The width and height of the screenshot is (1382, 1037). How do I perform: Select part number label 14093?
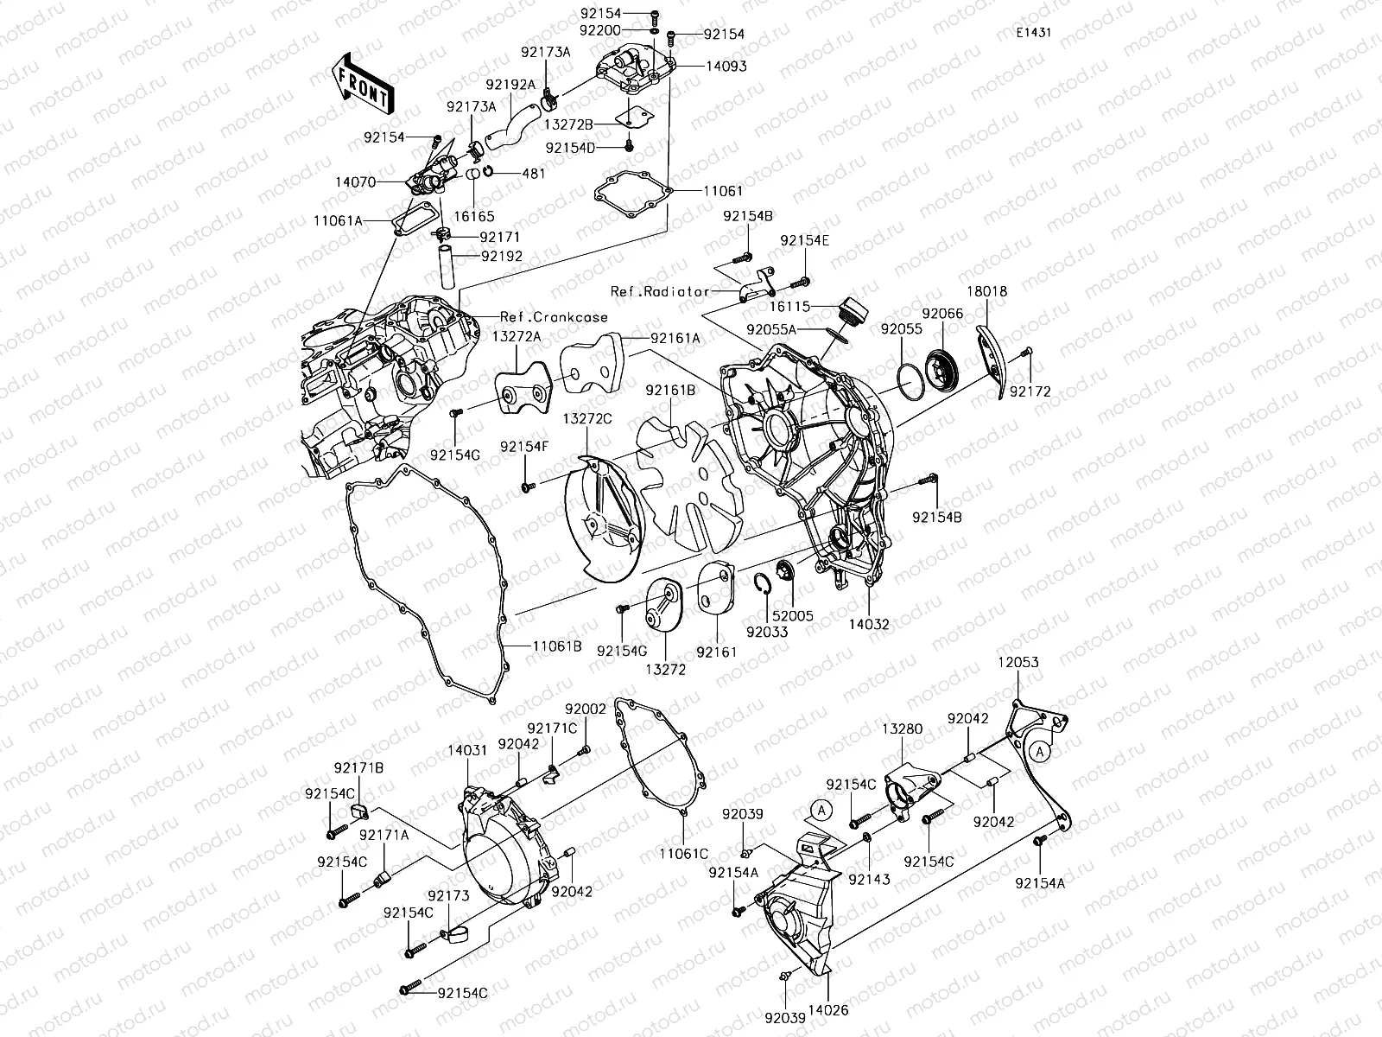pyautogui.click(x=726, y=66)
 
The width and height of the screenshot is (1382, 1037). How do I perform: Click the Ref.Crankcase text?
pyautogui.click(x=554, y=317)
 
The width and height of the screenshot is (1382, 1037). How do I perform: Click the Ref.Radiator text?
pyautogui.click(x=660, y=292)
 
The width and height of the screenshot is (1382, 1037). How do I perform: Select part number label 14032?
pyautogui.click(x=868, y=623)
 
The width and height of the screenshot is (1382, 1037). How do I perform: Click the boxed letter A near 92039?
pyautogui.click(x=822, y=810)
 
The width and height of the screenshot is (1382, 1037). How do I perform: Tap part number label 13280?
pyautogui.click(x=902, y=729)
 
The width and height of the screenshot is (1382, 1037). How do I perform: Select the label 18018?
pyautogui.click(x=986, y=292)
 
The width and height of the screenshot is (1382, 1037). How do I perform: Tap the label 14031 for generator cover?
pyautogui.click(x=468, y=752)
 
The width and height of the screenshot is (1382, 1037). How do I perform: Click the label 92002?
pyautogui.click(x=586, y=708)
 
